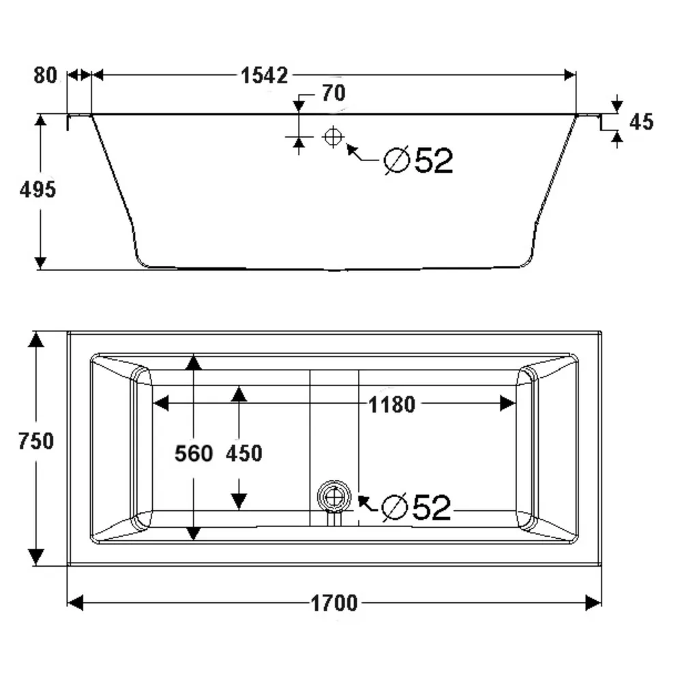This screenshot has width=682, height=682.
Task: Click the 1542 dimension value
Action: [x=265, y=75]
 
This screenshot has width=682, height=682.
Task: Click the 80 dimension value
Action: [x=46, y=75]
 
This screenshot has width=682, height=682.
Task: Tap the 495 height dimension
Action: [x=38, y=190]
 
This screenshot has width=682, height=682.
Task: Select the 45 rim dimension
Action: [x=641, y=122]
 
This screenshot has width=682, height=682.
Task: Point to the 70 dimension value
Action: [x=333, y=93]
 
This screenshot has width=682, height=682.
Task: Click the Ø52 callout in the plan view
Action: [x=417, y=507]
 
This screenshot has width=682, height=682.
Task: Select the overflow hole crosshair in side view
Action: [x=333, y=137]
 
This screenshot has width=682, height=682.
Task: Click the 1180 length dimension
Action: [x=391, y=404]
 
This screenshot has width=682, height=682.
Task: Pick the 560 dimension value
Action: [x=194, y=453]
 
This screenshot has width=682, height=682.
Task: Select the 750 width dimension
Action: [x=36, y=441]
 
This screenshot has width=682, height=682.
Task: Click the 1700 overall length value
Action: [x=334, y=603]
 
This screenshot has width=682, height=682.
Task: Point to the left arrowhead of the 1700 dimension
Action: [x=75, y=602]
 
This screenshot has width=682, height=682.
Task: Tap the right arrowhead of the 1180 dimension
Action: [x=508, y=404]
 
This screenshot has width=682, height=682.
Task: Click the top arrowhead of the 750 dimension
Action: [x=36, y=339]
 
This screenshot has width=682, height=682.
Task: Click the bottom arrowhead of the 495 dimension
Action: [x=41, y=262]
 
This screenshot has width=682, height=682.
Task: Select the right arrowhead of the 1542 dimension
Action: [x=569, y=74]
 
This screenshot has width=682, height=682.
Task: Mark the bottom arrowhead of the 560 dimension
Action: [x=194, y=533]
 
